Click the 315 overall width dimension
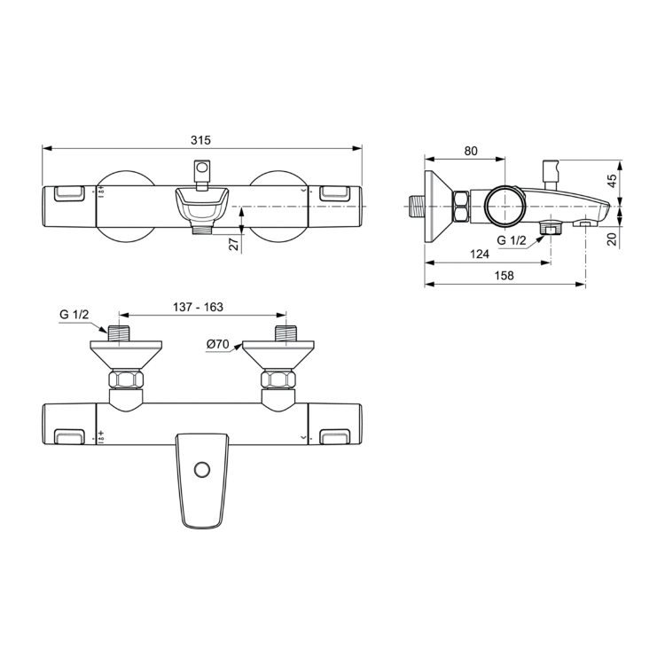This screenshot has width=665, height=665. point(201,140)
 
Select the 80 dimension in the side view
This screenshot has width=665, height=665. point(469,152)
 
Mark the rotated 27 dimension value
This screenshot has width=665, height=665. point(234,244)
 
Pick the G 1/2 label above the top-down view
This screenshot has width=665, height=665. point(75,315)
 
